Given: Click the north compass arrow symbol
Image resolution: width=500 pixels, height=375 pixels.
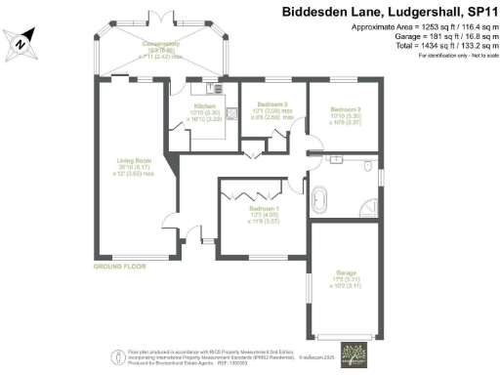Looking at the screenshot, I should (x=21, y=40).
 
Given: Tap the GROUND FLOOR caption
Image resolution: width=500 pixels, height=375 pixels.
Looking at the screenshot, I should (x=119, y=266).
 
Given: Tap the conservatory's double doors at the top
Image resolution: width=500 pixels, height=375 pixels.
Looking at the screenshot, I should (x=161, y=16).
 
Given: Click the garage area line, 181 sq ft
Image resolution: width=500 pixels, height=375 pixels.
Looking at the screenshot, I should (x=427, y=39).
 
